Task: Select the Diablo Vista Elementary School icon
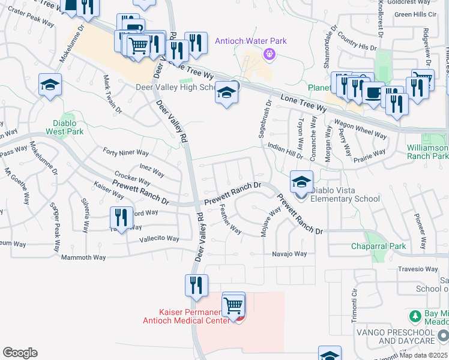301,182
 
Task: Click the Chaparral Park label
379,246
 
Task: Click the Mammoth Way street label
83,257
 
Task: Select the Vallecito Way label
159,238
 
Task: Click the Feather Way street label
231,220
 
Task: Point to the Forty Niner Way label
126,152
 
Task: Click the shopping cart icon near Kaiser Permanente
234,305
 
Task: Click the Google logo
19,353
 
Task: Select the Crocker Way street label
132,179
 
